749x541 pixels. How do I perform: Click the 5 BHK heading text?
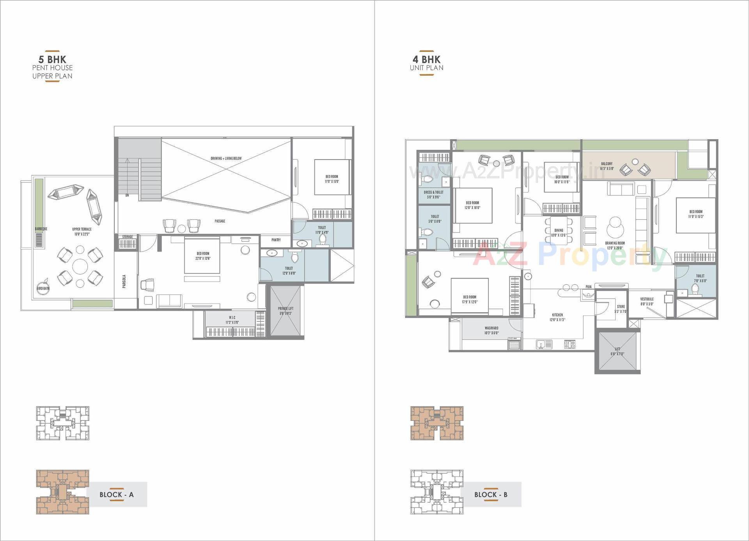tap(52, 60)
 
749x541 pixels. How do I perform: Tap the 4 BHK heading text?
tap(426, 60)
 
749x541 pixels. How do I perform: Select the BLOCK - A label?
tap(116, 495)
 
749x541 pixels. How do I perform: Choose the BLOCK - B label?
tap(491, 495)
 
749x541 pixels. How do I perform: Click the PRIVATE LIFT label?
tap(286, 309)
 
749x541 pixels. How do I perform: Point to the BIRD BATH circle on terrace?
tap(43, 288)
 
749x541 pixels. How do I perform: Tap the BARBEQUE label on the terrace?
tap(41, 229)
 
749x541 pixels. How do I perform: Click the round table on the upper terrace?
tap(80, 267)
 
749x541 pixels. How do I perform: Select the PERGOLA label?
tap(124, 281)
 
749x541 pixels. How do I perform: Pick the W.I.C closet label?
tap(232, 318)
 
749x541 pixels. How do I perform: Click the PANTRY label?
tap(276, 240)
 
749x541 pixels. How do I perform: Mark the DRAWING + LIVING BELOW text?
tap(226, 158)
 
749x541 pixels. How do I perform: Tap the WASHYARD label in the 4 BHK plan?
tap(492, 328)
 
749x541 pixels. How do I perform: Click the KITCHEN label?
tap(557, 315)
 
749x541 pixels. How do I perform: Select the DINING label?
tap(559, 231)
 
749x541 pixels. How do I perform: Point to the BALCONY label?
tap(607, 164)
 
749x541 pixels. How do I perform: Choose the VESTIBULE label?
tap(647, 299)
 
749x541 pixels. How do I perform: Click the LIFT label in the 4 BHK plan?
tap(618, 349)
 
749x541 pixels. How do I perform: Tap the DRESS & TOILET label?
tap(433, 192)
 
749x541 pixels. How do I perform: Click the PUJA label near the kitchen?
tap(588, 287)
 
